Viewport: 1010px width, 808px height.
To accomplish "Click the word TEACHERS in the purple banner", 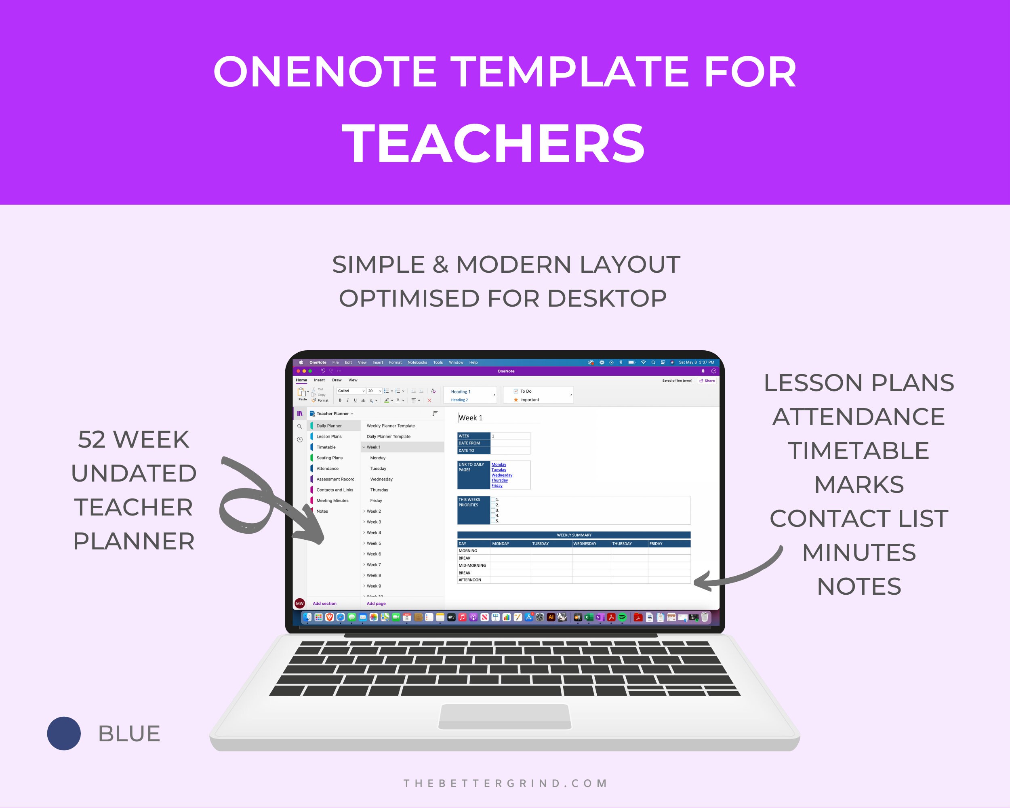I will coord(493,143).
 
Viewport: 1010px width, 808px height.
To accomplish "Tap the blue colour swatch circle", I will coord(64,734).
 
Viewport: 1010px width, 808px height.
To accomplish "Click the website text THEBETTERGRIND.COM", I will coord(505,784).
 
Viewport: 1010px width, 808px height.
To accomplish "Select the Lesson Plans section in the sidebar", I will coord(329,437).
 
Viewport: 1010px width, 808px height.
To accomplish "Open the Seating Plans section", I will coord(329,458).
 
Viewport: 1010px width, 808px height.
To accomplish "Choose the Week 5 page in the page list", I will coord(373,543).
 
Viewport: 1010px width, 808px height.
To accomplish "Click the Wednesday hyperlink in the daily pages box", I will coord(502,475).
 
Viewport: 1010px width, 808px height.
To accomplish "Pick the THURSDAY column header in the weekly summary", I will coord(622,544).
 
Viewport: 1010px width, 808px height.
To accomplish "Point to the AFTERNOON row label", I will coord(469,580).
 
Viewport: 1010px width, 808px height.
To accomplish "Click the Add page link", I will coord(376,604).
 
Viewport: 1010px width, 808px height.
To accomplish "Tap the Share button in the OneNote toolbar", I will coord(707,381).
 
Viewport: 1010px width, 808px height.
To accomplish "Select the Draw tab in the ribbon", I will coord(337,380).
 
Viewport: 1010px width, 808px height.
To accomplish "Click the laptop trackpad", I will coord(505,716).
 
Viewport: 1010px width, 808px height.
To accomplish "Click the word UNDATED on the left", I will coord(134,473).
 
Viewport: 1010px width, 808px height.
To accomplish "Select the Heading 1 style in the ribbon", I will coord(461,391).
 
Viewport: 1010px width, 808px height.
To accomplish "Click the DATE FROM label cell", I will coord(469,443).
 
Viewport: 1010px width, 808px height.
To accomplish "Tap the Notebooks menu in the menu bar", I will coord(417,362).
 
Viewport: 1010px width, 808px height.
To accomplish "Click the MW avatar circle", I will coord(300,603).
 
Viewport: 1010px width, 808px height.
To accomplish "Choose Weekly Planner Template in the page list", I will coord(391,426).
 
